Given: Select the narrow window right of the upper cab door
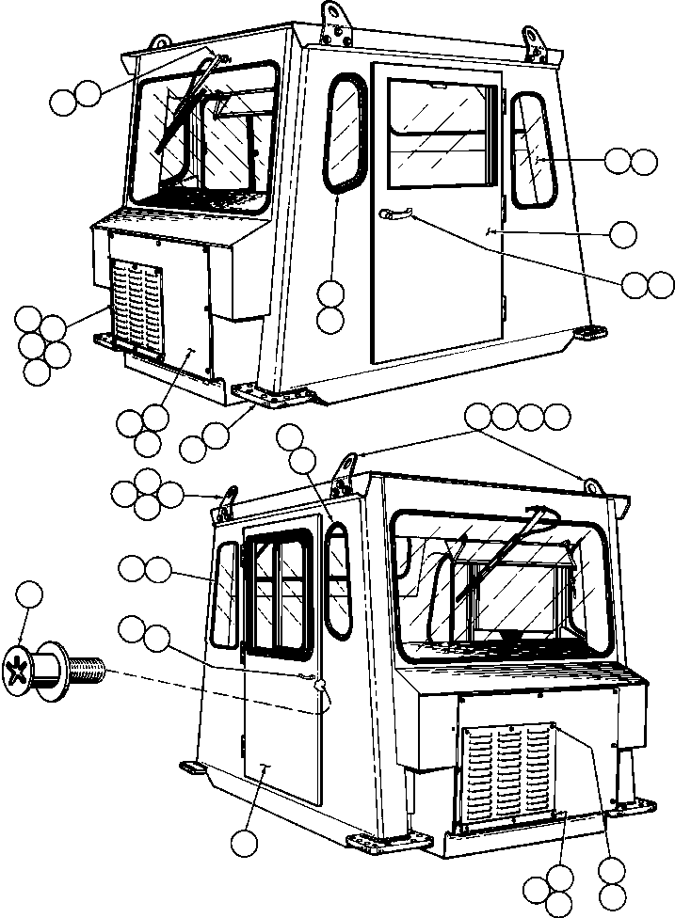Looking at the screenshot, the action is pos(534,150).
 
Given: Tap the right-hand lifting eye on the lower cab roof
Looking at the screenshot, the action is pos(592,485).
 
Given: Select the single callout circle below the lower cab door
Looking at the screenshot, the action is pos(247,842).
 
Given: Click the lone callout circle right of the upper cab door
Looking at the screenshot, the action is pos(623,233).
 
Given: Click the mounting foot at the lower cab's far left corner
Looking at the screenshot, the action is pos(193,768).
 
